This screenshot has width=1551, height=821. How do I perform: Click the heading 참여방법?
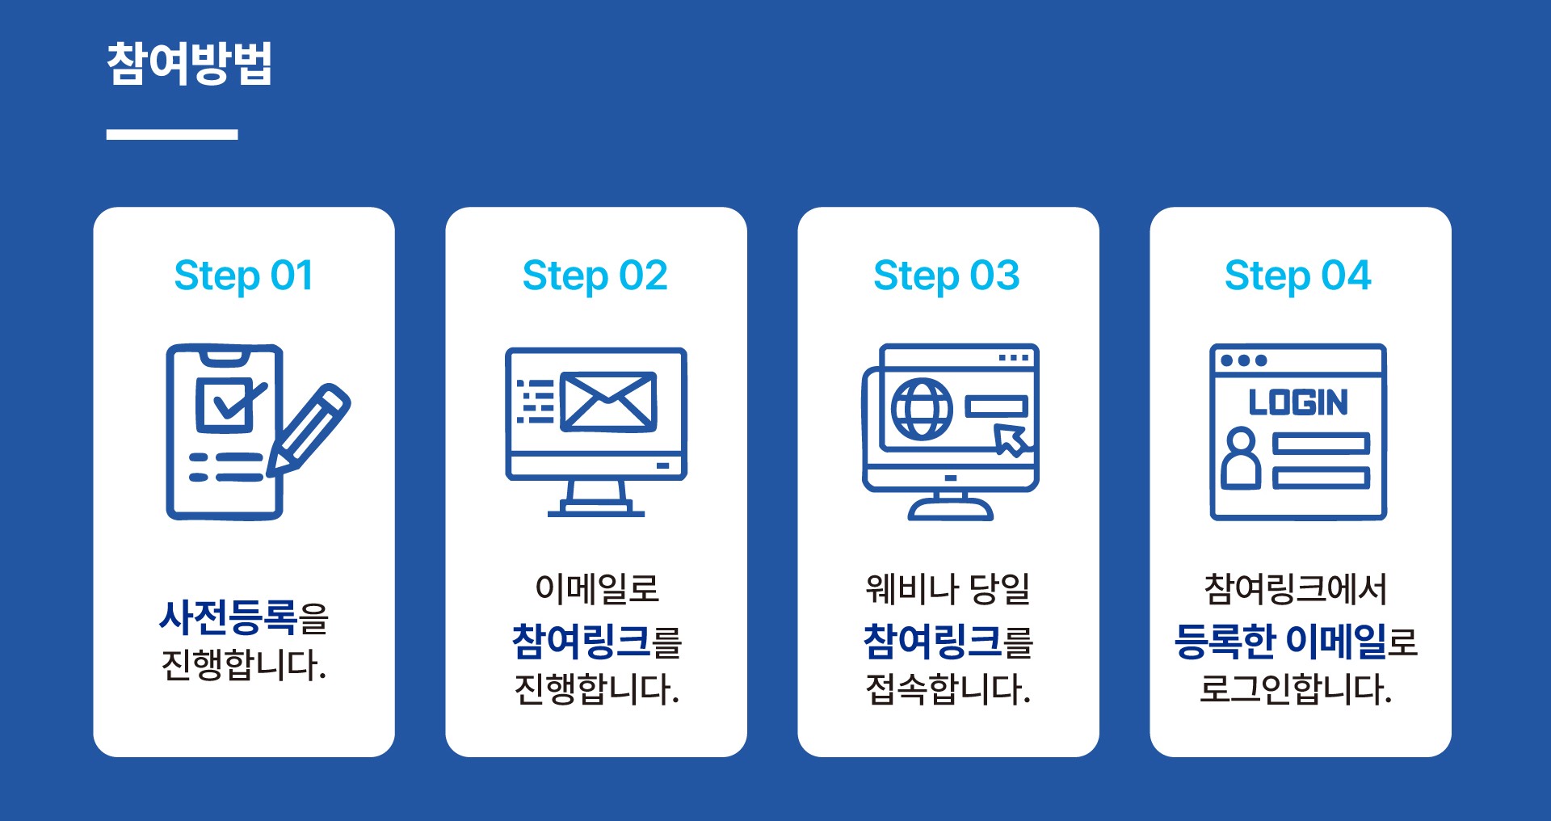coord(189,63)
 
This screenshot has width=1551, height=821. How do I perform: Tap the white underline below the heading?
coord(172,134)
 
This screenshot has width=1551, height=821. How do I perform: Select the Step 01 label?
coord(243,276)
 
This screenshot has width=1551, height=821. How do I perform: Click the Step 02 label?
coord(595,276)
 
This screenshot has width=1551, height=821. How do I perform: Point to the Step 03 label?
coord(947,276)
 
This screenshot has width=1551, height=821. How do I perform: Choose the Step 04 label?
coord(1298,276)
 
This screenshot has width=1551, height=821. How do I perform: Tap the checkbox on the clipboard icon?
coord(225,404)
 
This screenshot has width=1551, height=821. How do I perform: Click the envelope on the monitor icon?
coord(608,401)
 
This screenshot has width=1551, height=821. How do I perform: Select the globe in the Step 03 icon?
coord(922,409)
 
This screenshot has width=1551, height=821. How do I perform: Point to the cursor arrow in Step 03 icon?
coord(1010,440)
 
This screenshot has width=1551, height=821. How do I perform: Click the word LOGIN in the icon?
coord(1298,402)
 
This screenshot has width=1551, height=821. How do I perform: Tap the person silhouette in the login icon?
coord(1241,459)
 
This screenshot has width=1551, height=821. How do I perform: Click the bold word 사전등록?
coord(229,618)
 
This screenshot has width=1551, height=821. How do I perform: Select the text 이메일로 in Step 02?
coord(597,588)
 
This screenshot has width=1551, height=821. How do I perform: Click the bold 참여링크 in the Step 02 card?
coord(581,642)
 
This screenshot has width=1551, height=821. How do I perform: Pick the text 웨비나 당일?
coord(948,588)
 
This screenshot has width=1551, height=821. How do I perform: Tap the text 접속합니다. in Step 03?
coord(948,689)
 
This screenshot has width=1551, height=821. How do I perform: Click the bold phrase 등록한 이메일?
coord(1280,642)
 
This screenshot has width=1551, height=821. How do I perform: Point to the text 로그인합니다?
coord(1296,689)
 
